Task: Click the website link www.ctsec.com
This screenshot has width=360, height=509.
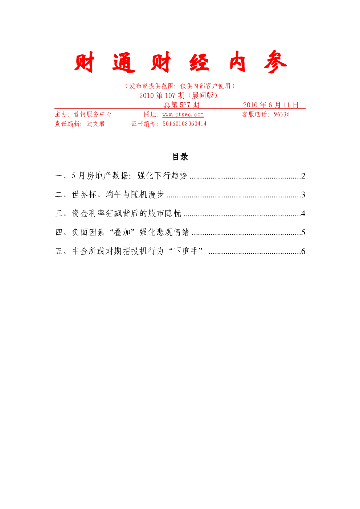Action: [x=183, y=114]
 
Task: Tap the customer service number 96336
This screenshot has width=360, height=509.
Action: [x=282, y=114]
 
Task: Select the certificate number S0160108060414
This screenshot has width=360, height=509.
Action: [x=184, y=124]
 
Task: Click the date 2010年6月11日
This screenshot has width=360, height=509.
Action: [x=270, y=105]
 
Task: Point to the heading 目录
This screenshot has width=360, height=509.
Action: [x=180, y=157]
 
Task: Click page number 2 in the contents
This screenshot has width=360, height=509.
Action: [x=303, y=176]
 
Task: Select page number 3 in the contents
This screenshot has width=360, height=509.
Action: [x=303, y=194]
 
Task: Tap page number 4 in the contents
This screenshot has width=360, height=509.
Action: [x=303, y=213]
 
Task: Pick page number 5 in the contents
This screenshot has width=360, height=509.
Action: [x=303, y=232]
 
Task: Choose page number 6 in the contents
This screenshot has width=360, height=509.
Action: [x=303, y=251]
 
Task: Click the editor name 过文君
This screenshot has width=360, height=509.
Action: [x=96, y=124]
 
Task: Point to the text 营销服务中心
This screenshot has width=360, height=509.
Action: [x=93, y=114]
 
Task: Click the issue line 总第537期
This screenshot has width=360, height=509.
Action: [x=181, y=105]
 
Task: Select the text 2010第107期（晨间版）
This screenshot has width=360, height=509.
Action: [x=179, y=95]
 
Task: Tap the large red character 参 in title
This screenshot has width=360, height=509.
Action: [x=275, y=62]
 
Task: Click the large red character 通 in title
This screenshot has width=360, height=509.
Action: [x=124, y=62]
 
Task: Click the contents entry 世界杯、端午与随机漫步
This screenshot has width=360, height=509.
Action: [x=118, y=194]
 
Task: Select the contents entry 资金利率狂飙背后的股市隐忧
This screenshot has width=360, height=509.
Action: [x=126, y=213]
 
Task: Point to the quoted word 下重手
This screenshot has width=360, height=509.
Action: [x=186, y=251]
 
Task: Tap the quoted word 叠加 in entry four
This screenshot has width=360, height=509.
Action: [x=122, y=232]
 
